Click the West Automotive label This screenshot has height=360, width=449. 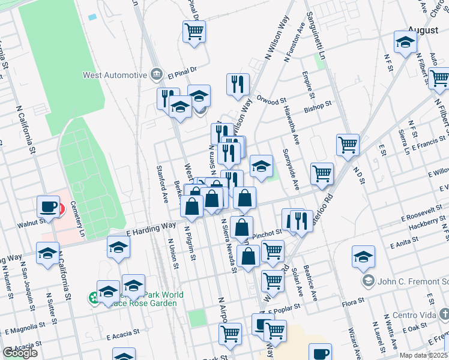coord(115,75)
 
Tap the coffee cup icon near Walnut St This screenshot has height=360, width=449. coord(47,206)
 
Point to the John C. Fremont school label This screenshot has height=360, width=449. coord(411,280)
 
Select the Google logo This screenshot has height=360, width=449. coord(20,353)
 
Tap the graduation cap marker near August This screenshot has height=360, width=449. coord(406,41)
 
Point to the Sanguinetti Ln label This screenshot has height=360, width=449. coord(322,35)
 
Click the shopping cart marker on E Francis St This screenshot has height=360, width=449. coord(348,145)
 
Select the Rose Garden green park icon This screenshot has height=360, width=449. coord(94,297)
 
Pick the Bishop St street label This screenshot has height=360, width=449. coord(318,106)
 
